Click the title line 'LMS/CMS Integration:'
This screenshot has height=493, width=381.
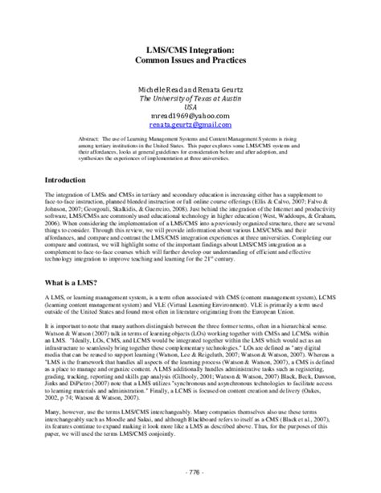tap(190, 49)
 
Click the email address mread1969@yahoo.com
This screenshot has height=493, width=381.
tap(190, 117)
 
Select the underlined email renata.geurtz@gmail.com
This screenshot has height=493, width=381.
tap(190, 126)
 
